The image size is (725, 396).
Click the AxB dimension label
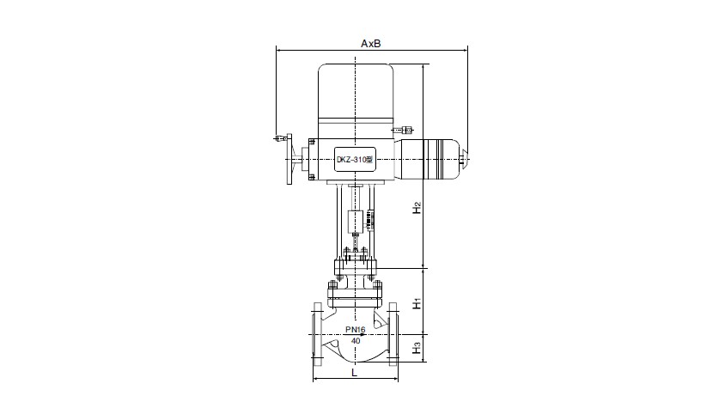(371, 44)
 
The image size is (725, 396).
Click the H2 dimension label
(417, 208)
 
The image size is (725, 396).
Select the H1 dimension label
(417, 303)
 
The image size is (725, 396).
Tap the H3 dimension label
(417, 347)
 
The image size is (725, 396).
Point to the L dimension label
(354, 373)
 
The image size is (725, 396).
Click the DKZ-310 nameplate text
(354, 160)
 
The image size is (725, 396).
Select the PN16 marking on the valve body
(355, 330)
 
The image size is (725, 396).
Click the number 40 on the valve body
(355, 341)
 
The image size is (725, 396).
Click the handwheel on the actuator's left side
(289, 160)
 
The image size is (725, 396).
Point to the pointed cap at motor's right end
(465, 156)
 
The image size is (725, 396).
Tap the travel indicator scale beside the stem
(369, 221)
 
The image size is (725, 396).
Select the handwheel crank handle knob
(279, 138)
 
